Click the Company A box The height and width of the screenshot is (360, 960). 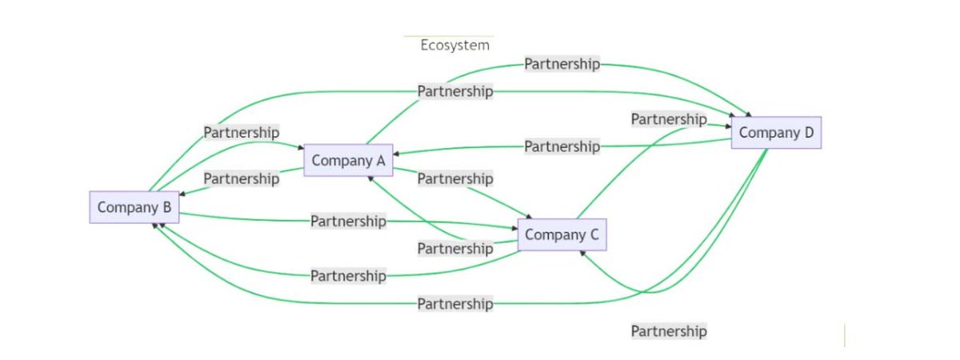click(x=349, y=161)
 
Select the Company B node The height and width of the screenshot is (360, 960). click(x=134, y=208)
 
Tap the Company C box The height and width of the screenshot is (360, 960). click(x=562, y=235)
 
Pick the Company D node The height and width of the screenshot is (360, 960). click(x=776, y=133)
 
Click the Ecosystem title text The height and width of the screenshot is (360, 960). click(x=454, y=45)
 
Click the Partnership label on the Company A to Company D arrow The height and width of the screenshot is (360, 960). click(x=562, y=64)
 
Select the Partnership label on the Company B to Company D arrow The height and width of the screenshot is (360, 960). click(x=454, y=91)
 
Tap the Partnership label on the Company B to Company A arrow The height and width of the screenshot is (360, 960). click(x=241, y=132)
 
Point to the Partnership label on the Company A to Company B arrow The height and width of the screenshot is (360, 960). click(x=241, y=178)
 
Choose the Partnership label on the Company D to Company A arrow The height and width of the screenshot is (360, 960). click(x=562, y=146)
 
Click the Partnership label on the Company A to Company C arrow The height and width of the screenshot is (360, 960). click(x=454, y=178)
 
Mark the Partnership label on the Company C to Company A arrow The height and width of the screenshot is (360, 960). click(x=454, y=249)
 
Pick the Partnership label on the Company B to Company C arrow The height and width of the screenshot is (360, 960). click(x=348, y=221)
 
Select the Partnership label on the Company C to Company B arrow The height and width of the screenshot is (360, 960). click(x=348, y=276)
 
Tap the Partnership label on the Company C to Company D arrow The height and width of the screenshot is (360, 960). click(x=669, y=119)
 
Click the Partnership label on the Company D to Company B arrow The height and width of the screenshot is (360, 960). click(x=454, y=304)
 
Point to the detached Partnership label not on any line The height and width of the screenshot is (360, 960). click(x=669, y=331)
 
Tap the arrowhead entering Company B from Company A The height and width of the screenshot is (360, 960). click(x=183, y=194)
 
